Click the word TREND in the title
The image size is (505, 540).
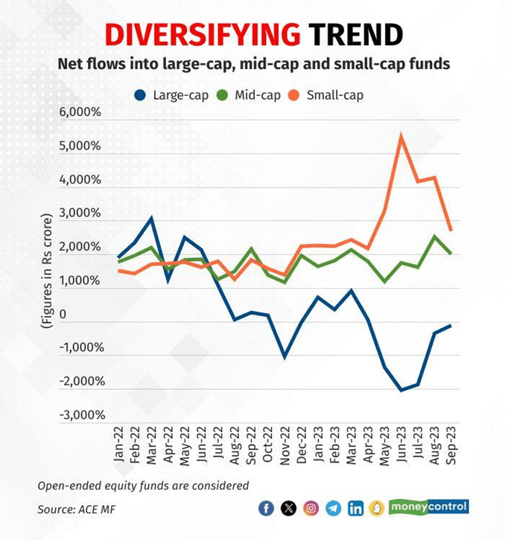(355, 34)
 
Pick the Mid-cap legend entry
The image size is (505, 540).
(249, 95)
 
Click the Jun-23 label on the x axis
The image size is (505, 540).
(401, 446)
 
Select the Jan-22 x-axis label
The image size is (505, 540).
(120, 446)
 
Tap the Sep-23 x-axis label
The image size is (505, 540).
(451, 446)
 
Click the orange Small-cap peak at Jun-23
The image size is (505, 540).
(401, 135)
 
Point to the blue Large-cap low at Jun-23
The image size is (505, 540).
(401, 390)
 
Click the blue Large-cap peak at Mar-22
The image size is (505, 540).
(152, 218)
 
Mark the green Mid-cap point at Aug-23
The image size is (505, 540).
(434, 237)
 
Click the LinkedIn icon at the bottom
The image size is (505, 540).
(355, 508)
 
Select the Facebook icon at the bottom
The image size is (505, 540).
(266, 508)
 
